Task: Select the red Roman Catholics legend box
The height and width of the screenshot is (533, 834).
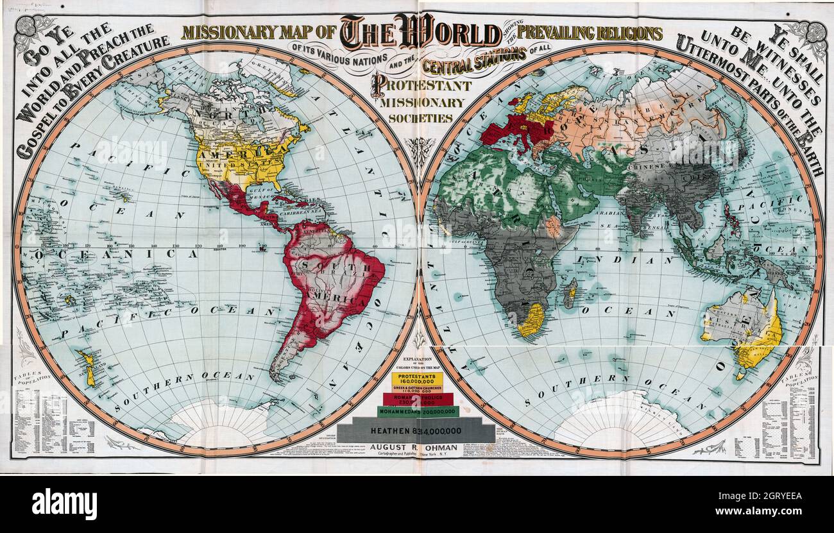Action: point(418,400)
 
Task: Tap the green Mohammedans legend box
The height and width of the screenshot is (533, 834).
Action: point(416,411)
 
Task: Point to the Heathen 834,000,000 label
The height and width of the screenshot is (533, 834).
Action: point(416,430)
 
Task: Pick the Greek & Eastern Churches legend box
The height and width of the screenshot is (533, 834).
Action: point(416,389)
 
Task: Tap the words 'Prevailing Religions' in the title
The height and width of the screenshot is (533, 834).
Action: point(590,33)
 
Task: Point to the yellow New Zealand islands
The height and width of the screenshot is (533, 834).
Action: point(88,368)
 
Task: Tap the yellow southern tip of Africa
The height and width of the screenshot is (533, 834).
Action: point(531,319)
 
